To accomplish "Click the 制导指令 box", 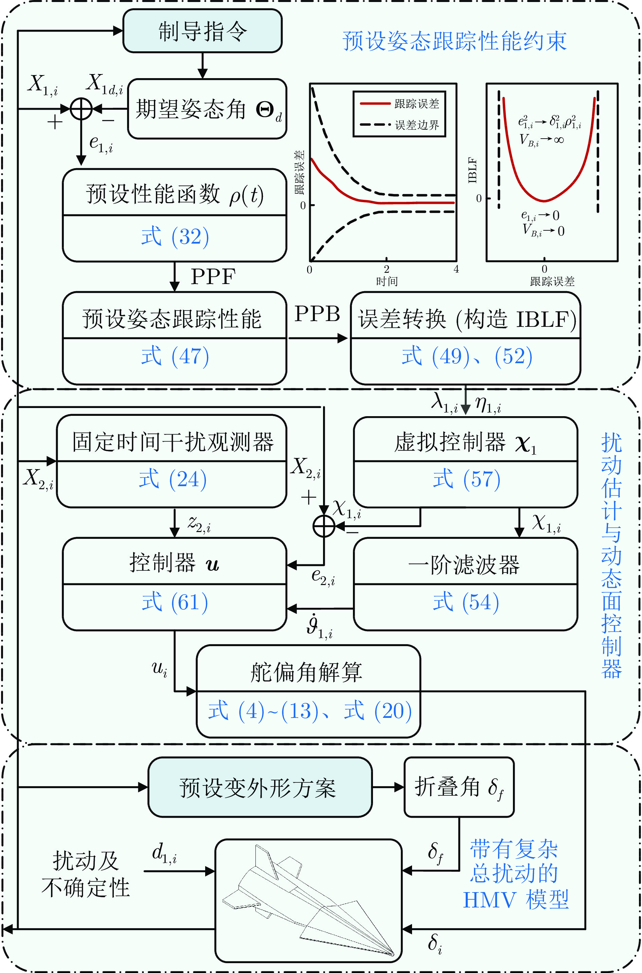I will [x=202, y=31].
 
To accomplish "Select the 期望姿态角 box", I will [x=207, y=109].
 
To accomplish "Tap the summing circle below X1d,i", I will [x=81, y=109].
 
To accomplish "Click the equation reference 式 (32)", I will [x=175, y=237].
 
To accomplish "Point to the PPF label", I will [x=213, y=277].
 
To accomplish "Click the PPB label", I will [x=317, y=315].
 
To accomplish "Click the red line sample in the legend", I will [x=375, y=104].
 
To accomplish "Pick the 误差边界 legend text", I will [x=417, y=125].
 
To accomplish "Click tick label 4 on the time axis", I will [x=456, y=269].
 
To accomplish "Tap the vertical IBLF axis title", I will [x=472, y=170].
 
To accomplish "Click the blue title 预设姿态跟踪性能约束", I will [x=454, y=41].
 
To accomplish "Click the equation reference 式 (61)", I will [x=175, y=602].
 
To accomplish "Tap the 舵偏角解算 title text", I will [x=306, y=672].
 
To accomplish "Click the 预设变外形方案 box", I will [x=260, y=788].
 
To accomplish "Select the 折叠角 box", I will [x=459, y=788].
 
